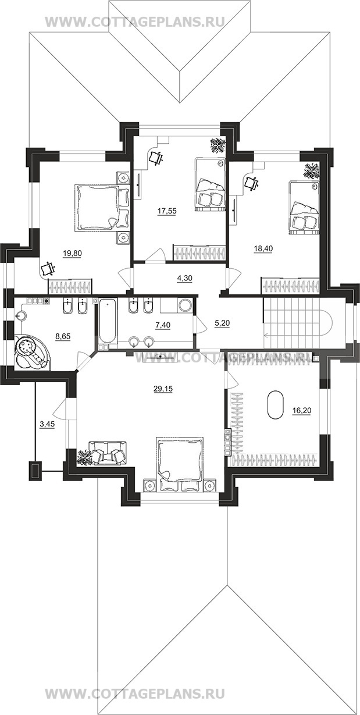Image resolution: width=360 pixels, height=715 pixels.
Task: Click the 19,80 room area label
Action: pyautogui.click(x=73, y=254)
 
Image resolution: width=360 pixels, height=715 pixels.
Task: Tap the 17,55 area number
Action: pyautogui.click(x=166, y=211)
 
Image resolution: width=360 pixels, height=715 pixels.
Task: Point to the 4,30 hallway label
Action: pyautogui.click(x=184, y=278)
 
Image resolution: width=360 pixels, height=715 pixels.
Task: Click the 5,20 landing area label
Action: pyautogui.click(x=222, y=323)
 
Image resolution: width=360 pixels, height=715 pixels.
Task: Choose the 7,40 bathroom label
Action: pyautogui.click(x=163, y=325)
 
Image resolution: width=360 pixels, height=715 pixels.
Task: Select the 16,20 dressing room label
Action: pyautogui.click(x=302, y=411)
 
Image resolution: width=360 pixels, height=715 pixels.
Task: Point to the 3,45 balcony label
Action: pyautogui.click(x=47, y=424)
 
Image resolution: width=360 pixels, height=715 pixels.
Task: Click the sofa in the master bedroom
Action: pyautogui.click(x=108, y=453)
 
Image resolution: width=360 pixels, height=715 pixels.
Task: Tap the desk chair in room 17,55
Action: pyautogui.click(x=156, y=157)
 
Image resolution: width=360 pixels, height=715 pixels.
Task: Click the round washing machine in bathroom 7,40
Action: pyautogui.click(x=184, y=305)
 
